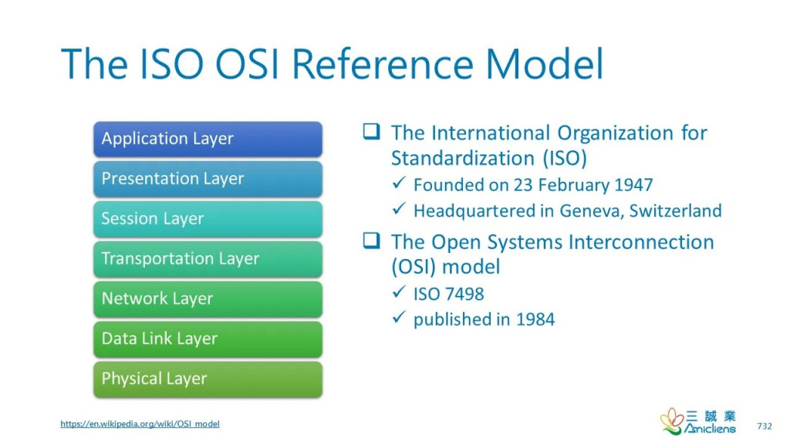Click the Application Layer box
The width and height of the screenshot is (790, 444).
(x=208, y=139)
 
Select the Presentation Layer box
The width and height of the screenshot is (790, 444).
(x=208, y=179)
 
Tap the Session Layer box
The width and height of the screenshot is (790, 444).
(x=208, y=219)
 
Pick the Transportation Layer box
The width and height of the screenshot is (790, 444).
(x=208, y=259)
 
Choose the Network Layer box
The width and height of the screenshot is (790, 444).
(x=208, y=299)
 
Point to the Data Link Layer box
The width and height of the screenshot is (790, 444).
(x=208, y=339)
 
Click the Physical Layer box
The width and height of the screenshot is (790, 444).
(x=208, y=379)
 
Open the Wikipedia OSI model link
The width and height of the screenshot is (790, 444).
(x=140, y=424)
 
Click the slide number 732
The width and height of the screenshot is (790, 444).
(x=765, y=425)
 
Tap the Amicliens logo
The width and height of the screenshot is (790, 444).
(x=697, y=422)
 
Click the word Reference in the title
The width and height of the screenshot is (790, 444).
(x=383, y=64)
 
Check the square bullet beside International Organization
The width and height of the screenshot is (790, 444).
(x=371, y=131)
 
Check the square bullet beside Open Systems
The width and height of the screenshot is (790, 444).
(x=371, y=240)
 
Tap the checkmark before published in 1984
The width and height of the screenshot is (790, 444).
(x=399, y=317)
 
